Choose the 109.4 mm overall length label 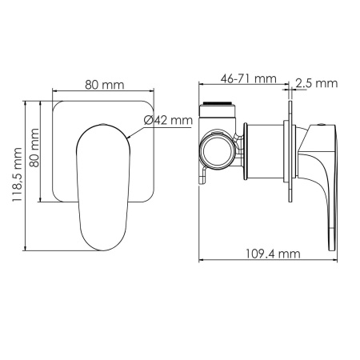click(273, 254)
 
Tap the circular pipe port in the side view click(217, 148)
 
